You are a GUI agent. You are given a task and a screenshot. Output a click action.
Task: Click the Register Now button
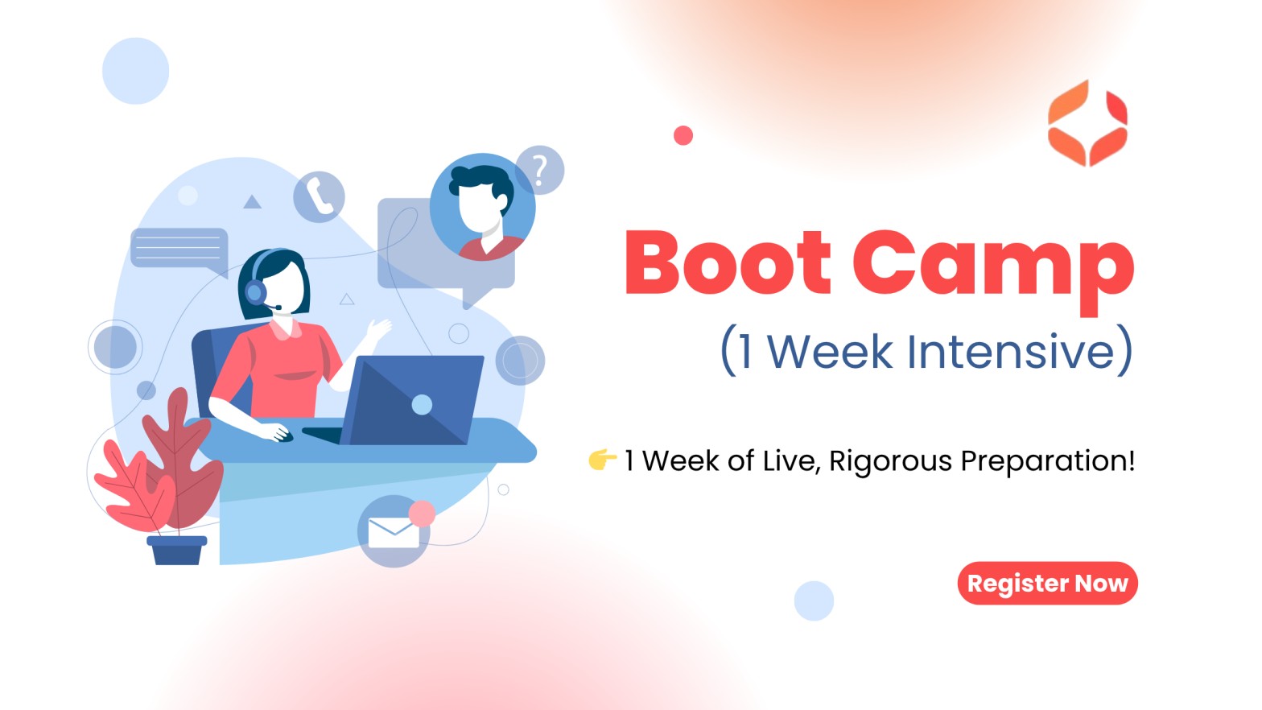click(1047, 583)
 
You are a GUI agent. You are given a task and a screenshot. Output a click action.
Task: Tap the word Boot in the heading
click(728, 262)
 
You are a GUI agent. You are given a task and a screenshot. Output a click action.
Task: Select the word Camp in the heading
click(993, 270)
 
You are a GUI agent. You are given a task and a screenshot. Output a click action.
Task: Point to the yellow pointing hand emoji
click(602, 459)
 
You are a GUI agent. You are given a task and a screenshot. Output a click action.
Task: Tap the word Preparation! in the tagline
click(1047, 462)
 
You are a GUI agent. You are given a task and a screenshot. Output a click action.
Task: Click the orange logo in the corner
click(1087, 123)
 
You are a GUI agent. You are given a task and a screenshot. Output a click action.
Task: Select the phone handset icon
click(319, 196)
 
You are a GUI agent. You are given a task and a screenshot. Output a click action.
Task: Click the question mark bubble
click(540, 170)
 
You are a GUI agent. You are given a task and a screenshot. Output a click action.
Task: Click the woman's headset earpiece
click(255, 292)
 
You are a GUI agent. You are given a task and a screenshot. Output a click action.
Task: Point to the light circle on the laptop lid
click(422, 404)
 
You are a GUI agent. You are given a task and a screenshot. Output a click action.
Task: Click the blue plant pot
click(177, 550)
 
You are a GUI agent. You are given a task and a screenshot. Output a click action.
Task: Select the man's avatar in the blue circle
click(482, 207)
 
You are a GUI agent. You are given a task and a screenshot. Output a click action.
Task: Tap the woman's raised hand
click(378, 328)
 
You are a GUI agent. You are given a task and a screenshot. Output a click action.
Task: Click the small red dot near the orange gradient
click(683, 135)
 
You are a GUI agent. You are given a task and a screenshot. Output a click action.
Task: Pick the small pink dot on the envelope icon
click(422, 514)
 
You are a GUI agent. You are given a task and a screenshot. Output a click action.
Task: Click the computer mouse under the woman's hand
click(285, 436)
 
